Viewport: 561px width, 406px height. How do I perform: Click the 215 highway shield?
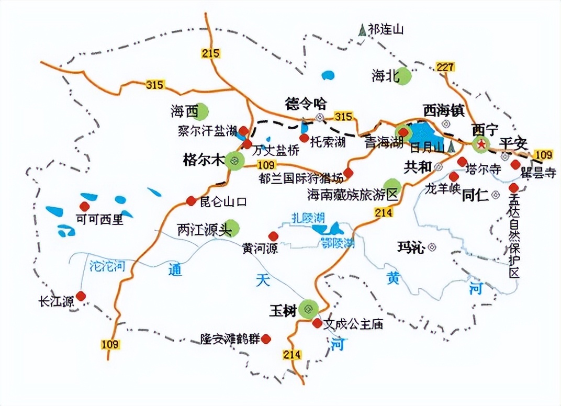click(210, 53)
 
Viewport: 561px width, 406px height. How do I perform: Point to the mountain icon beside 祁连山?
click(362, 30)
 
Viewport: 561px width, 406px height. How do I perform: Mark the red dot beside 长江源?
click(81, 296)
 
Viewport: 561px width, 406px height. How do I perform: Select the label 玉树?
click(283, 310)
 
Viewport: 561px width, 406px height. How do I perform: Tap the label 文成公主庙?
click(353, 324)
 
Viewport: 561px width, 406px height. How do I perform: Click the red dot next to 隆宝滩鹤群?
click(266, 339)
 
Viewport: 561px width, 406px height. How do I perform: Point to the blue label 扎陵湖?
click(309, 217)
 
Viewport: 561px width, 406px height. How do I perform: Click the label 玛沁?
click(410, 247)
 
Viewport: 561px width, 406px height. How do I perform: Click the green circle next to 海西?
click(201, 111)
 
